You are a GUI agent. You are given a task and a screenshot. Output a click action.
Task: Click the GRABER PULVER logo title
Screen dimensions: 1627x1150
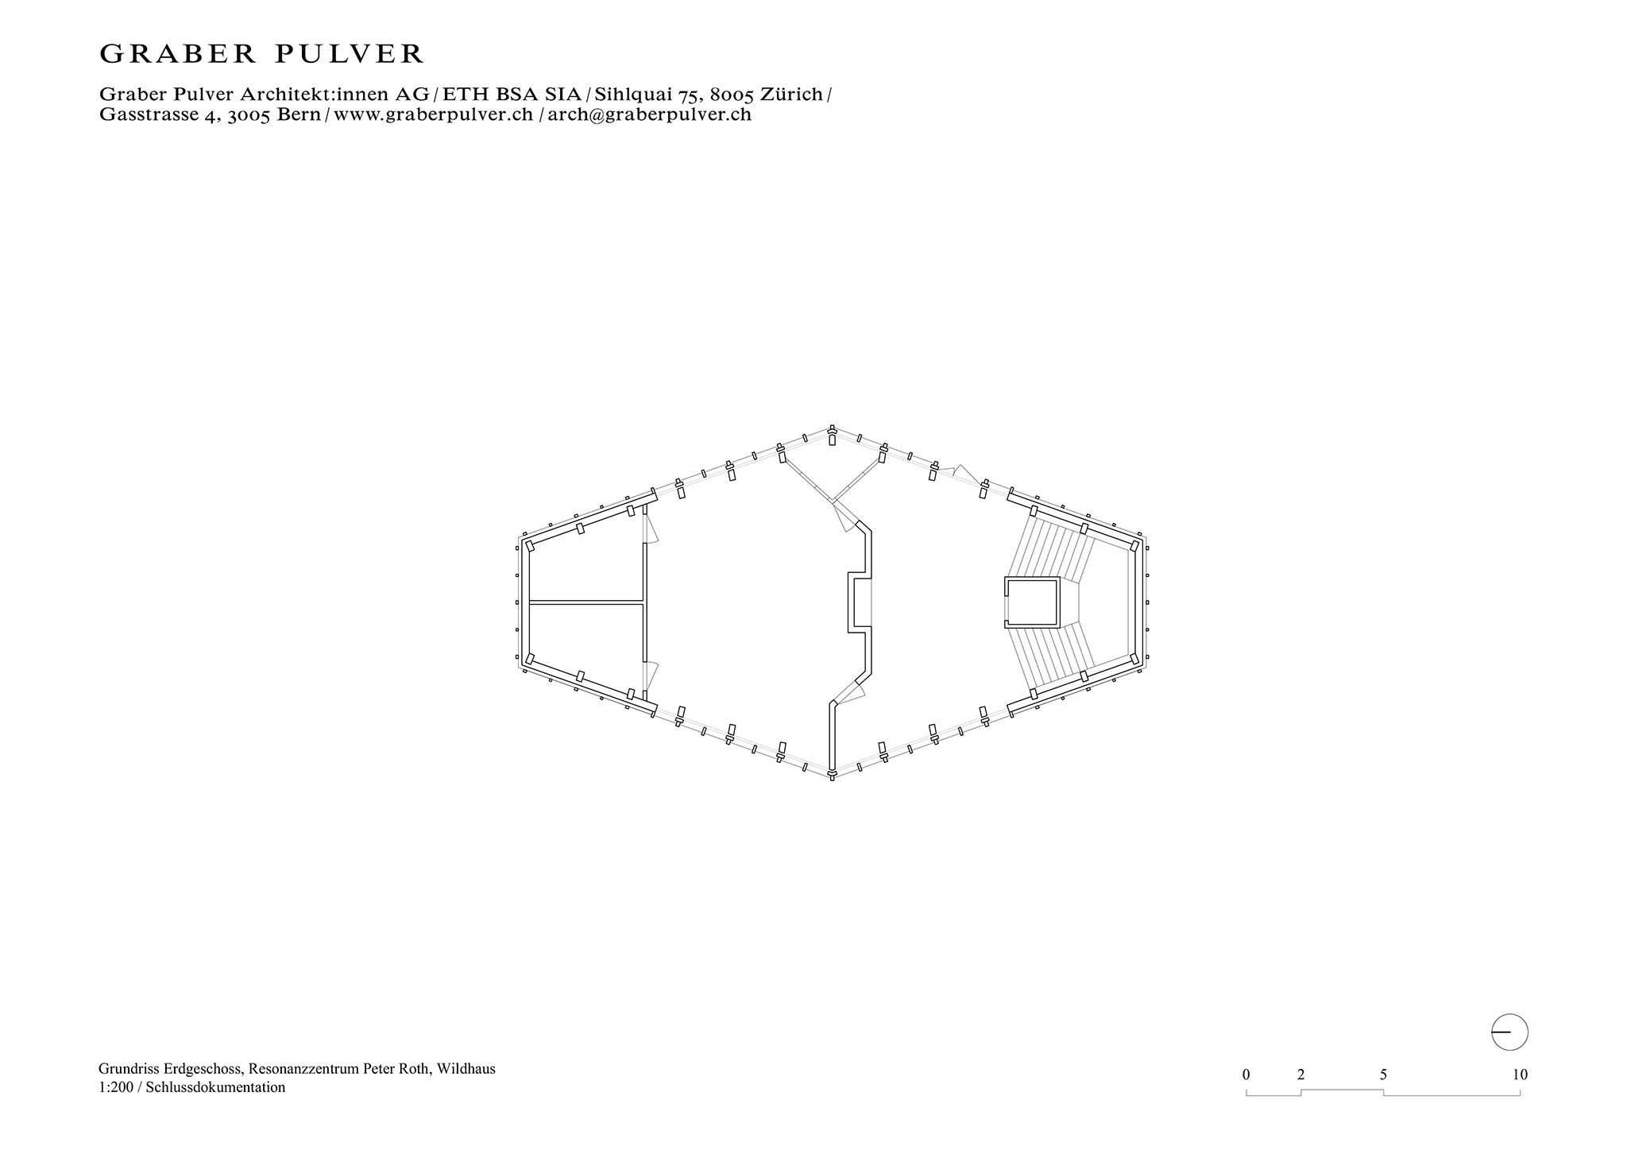pos(261,54)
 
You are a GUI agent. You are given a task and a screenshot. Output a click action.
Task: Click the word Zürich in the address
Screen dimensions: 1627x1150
pos(791,95)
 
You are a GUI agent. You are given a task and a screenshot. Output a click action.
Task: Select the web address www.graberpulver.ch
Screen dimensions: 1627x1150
pos(433,114)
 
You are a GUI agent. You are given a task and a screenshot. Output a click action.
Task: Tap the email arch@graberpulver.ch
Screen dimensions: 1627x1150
pos(649,114)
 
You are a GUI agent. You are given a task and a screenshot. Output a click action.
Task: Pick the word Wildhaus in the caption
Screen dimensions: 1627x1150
pos(468,1069)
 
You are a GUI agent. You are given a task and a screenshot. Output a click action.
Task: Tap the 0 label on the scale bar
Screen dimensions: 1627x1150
pos(1246,1074)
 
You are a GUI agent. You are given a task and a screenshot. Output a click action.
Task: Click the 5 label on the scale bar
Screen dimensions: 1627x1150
pos(1383,1074)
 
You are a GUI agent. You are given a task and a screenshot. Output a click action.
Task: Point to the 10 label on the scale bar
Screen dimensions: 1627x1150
pos(1520,1074)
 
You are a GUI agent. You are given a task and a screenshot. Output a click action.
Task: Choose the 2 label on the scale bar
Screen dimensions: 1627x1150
pos(1300,1074)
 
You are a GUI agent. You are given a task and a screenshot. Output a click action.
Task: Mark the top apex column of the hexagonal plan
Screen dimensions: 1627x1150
pos(832,435)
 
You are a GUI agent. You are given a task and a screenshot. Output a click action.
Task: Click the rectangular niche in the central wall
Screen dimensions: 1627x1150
pos(860,602)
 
